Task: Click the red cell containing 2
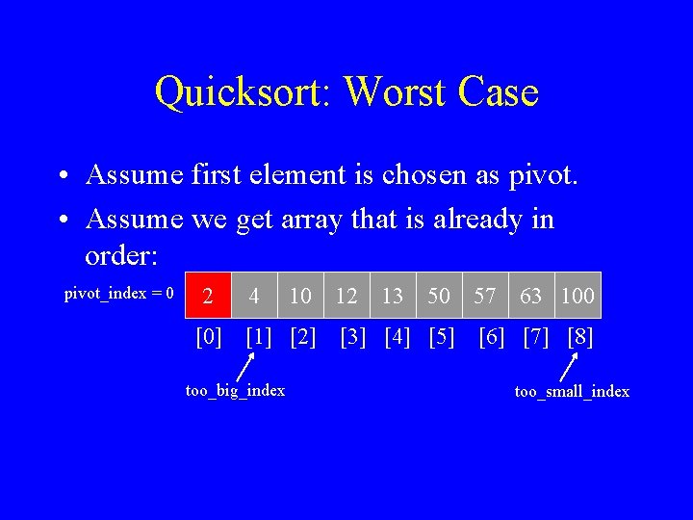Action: (208, 295)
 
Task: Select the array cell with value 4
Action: (254, 295)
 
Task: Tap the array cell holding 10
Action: (300, 295)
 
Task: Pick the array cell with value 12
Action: (346, 295)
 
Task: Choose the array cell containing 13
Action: (393, 295)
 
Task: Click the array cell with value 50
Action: (439, 295)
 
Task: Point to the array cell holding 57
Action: (485, 295)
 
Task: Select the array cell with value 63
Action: (531, 295)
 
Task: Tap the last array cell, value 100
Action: (577, 295)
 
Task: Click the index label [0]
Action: (209, 338)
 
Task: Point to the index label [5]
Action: (441, 338)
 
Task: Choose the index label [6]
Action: (492, 338)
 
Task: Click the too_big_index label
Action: (235, 390)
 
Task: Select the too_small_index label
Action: (572, 391)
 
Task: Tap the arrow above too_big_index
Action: (246, 367)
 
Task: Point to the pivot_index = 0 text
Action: (118, 293)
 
